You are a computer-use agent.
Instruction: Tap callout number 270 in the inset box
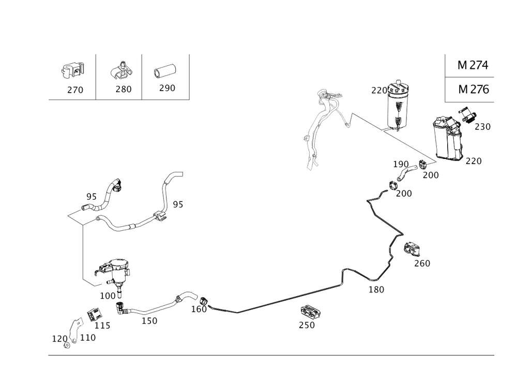click(x=74, y=90)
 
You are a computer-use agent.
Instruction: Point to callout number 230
click(x=482, y=126)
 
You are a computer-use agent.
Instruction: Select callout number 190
click(x=401, y=164)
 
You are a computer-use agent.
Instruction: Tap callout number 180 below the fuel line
click(x=376, y=290)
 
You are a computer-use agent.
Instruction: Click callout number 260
click(x=422, y=263)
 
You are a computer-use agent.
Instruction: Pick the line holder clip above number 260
click(x=412, y=249)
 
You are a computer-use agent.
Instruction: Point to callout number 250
click(x=307, y=325)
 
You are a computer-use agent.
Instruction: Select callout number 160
click(x=199, y=310)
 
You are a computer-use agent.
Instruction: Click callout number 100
click(x=108, y=295)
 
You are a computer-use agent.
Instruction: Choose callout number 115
click(x=102, y=326)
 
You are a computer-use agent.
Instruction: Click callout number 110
click(x=87, y=338)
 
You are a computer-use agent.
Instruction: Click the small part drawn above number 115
click(x=95, y=315)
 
